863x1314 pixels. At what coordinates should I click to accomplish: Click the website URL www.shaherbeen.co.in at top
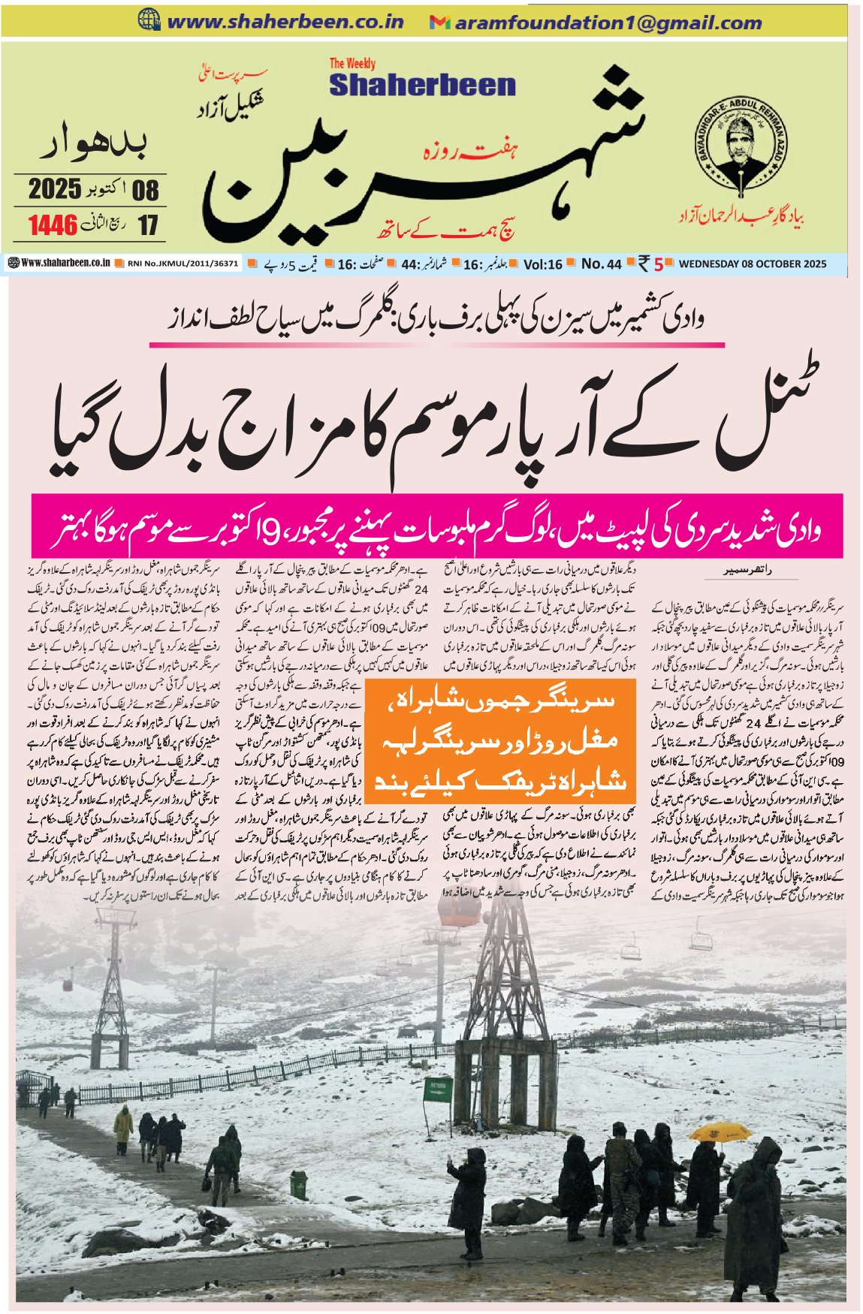click(285, 22)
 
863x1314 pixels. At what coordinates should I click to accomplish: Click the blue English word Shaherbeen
click(422, 85)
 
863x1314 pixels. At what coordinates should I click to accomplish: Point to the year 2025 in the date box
click(55, 188)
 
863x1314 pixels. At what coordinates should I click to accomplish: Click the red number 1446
click(53, 225)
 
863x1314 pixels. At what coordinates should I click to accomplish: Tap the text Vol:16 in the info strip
click(543, 264)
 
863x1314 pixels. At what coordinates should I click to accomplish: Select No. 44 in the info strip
click(601, 264)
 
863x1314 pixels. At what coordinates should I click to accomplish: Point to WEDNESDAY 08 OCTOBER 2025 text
click(752, 264)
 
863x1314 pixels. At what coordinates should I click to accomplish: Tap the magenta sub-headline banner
click(437, 526)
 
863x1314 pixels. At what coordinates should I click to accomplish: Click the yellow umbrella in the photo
click(720, 1132)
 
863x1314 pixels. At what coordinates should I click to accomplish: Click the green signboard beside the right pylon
click(437, 1086)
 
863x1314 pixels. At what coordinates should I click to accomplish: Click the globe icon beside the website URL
click(149, 21)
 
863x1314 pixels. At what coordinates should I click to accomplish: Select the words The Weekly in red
click(352, 64)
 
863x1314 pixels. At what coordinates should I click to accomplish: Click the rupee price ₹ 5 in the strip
click(651, 264)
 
